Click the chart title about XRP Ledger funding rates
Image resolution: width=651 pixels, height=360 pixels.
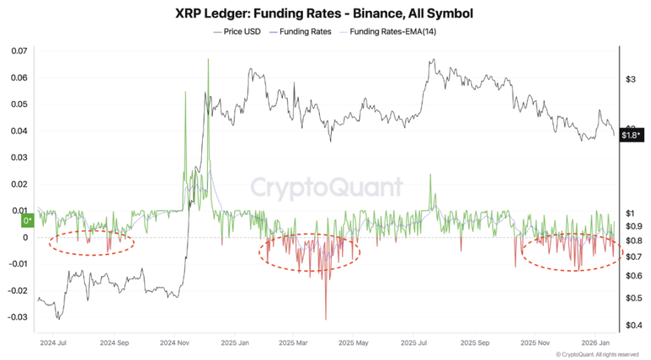tap(325, 13)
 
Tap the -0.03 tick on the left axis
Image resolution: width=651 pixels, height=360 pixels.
tap(18, 317)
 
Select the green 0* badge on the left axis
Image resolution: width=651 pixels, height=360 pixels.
tap(28, 221)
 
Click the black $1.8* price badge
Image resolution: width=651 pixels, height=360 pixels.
tap(633, 135)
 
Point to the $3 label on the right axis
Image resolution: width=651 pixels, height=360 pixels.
tap(630, 80)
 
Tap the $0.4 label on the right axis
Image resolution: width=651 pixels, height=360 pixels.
tap(633, 326)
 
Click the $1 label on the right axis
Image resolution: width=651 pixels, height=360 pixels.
tap(630, 213)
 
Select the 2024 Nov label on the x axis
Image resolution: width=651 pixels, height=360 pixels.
tap(174, 342)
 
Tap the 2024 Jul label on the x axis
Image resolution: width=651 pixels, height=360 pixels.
tap(55, 342)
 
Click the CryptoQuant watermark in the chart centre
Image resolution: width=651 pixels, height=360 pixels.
tap(325, 188)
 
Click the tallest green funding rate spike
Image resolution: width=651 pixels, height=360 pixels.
tap(208, 60)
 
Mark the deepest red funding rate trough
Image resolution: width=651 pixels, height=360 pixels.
tap(325, 319)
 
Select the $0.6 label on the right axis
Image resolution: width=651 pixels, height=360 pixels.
tap(633, 275)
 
